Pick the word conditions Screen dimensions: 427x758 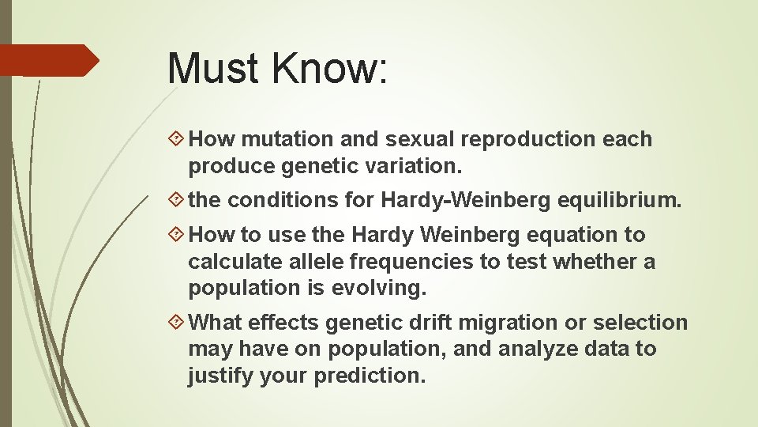283,201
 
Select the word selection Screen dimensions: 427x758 640,323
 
